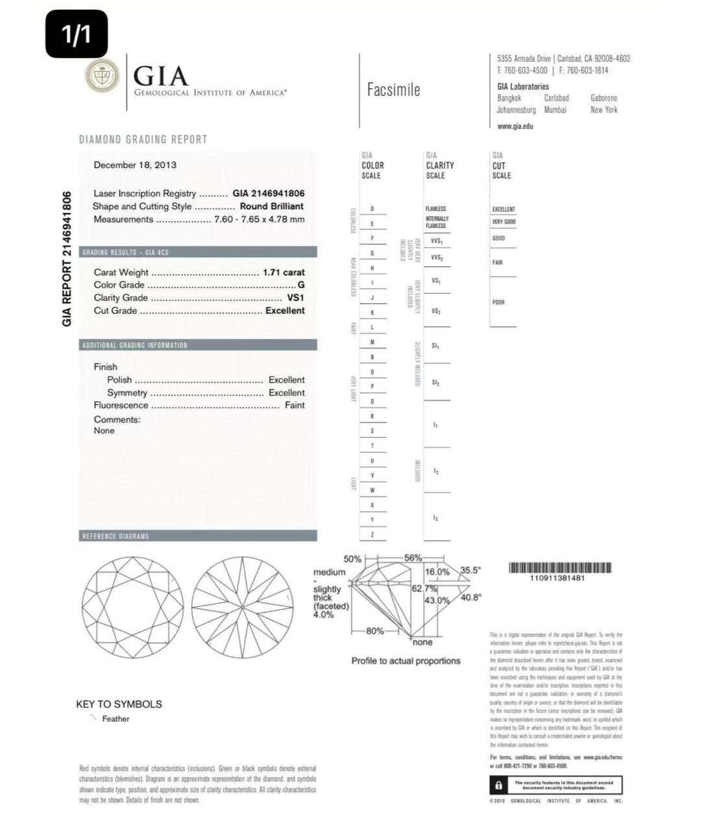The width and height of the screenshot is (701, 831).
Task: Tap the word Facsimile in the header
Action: pos(393,90)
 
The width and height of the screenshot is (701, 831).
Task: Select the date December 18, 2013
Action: pos(135,165)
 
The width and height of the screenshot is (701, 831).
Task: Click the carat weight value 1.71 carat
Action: pos(283,273)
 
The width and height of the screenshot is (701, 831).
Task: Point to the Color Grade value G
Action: pos(301,285)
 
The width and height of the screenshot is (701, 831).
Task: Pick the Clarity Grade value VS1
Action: pos(295,298)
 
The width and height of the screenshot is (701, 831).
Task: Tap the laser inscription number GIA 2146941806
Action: pos(268,193)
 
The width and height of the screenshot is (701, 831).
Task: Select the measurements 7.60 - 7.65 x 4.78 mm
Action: pos(259,219)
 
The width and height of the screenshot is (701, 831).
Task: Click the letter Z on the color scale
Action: pos(372,534)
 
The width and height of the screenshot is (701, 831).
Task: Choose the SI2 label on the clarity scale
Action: pos(436,383)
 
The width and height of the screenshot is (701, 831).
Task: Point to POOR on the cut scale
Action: pos(498,302)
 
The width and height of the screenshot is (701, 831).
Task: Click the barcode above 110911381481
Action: pos(560,568)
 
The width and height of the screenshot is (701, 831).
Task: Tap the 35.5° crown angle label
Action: pos(471,571)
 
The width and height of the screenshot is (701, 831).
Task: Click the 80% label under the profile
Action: pos(375,631)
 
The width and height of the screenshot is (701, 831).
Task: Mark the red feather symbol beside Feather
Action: pos(93,717)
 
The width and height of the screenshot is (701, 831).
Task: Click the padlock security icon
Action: pos(498,786)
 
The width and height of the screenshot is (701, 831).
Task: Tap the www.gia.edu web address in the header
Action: pos(515,126)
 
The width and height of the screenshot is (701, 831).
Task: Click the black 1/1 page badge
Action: pos(77,34)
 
